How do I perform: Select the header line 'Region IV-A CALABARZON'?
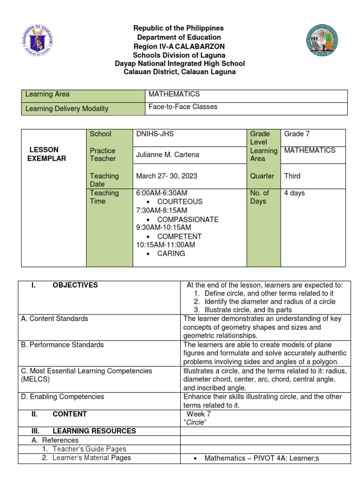[180, 46]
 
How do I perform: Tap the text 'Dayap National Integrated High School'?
[180, 63]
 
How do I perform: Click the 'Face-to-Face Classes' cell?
[183, 107]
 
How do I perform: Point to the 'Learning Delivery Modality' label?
[67, 109]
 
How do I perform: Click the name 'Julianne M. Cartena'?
[165, 155]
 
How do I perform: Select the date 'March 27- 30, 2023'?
[166, 176]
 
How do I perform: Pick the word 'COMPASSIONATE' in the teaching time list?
[187, 219]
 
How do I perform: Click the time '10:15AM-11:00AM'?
[165, 245]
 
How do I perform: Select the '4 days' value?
[294, 193]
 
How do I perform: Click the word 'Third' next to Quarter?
[292, 176]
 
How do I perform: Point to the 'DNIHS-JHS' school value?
[155, 134]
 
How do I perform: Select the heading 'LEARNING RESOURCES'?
[94, 431]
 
